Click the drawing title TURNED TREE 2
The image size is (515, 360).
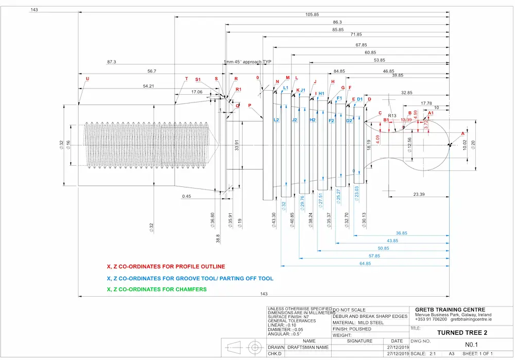pyautogui.click(x=461, y=333)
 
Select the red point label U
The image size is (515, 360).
pyautogui.click(x=87, y=79)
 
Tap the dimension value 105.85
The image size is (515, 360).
pyautogui.click(x=312, y=14)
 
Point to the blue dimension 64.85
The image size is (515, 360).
pyautogui.click(x=365, y=263)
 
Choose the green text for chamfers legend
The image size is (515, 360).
pyautogui.click(x=157, y=289)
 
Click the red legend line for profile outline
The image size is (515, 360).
pyautogui.click(x=166, y=267)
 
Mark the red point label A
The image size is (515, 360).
pyautogui.click(x=462, y=133)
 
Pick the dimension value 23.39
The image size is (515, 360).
pyautogui.click(x=419, y=194)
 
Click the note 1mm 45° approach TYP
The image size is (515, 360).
pyautogui.click(x=247, y=62)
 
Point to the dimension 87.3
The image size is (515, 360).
pyautogui.click(x=112, y=62)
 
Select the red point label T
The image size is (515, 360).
pyautogui.click(x=186, y=79)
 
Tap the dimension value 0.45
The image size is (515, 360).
pyautogui.click(x=186, y=196)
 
